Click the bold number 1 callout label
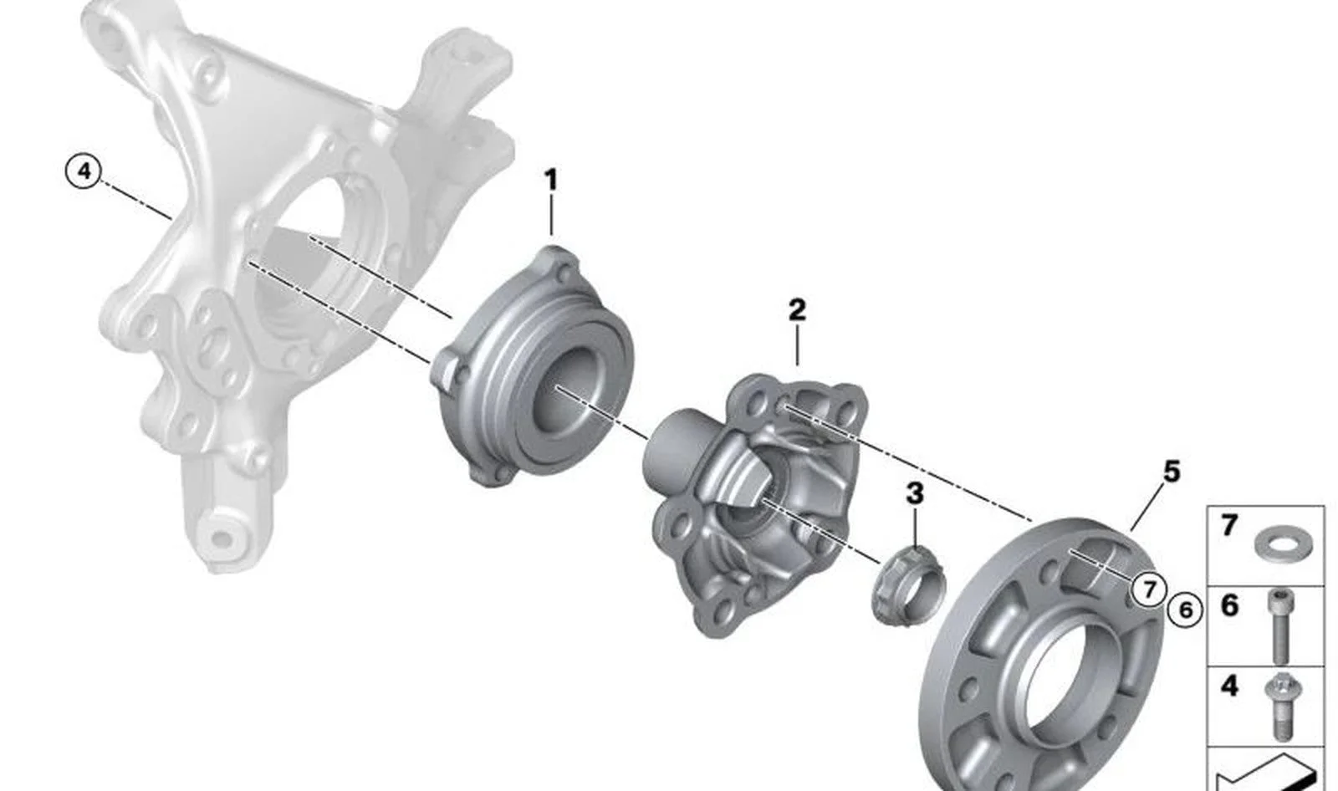click(x=551, y=180)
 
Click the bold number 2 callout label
click(x=797, y=309)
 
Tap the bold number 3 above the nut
click(x=915, y=494)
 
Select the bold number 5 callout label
click(x=1172, y=472)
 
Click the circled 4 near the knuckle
click(x=84, y=171)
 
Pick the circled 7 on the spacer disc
click(x=1149, y=589)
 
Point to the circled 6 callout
click(x=1185, y=610)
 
